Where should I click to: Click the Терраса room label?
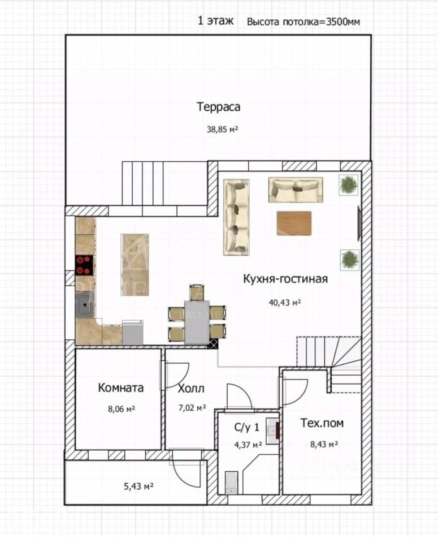[218, 107]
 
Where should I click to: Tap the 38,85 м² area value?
[223, 130]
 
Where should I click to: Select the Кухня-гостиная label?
[285, 279]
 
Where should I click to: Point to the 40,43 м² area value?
[285, 302]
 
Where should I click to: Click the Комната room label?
[121, 387]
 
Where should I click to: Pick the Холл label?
[191, 389]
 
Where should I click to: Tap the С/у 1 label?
[246, 428]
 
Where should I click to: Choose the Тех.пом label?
[322, 423]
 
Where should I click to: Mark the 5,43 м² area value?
[138, 486]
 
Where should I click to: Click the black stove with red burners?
[84, 265]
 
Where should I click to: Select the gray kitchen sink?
[85, 305]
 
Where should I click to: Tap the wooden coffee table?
[294, 223]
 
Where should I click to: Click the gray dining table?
[197, 322]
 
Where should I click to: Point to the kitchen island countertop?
[135, 265]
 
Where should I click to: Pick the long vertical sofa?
[236, 217]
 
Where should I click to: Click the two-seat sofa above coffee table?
[296, 190]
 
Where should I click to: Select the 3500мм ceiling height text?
[343, 22]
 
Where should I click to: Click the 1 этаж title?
[215, 21]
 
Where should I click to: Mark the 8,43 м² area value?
[324, 444]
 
